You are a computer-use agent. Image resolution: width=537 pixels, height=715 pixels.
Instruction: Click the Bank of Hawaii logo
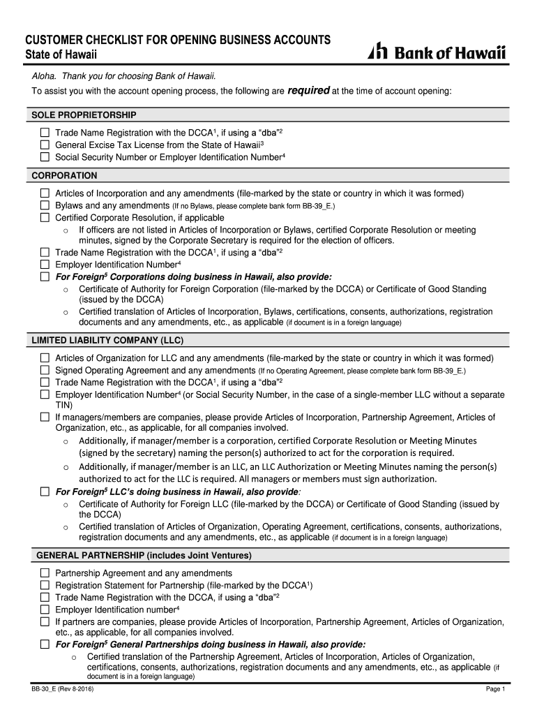coord(437,53)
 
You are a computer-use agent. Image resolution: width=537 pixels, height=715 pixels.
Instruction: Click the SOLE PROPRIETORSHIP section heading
coord(84,115)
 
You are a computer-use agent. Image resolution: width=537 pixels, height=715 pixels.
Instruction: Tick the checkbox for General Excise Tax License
coord(45,145)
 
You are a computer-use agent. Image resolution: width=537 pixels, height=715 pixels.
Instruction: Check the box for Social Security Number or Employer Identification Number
coord(45,157)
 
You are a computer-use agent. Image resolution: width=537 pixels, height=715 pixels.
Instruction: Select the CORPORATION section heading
coord(64,176)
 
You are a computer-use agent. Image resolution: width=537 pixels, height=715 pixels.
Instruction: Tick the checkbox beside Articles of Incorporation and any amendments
coord(45,193)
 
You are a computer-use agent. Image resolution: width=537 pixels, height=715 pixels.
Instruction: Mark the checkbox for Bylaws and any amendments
coord(45,206)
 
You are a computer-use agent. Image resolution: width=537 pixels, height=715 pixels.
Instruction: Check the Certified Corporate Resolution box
coord(45,218)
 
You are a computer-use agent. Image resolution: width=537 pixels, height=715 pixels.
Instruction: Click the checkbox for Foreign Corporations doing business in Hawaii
coord(45,277)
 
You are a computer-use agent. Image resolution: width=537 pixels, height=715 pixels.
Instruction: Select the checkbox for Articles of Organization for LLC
coord(45,358)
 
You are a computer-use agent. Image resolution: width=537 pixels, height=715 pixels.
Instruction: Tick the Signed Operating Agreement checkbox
coord(45,370)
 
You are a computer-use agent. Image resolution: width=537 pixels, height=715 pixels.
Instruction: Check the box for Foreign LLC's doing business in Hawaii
coord(45,492)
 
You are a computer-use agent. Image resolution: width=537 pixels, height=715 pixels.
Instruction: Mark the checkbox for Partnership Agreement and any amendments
coord(45,573)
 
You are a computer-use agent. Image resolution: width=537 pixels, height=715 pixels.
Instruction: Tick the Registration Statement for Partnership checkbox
coord(45,585)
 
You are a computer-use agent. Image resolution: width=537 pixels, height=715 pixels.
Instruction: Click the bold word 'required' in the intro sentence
coord(308,91)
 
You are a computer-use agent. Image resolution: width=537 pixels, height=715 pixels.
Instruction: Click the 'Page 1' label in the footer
coord(495,690)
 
